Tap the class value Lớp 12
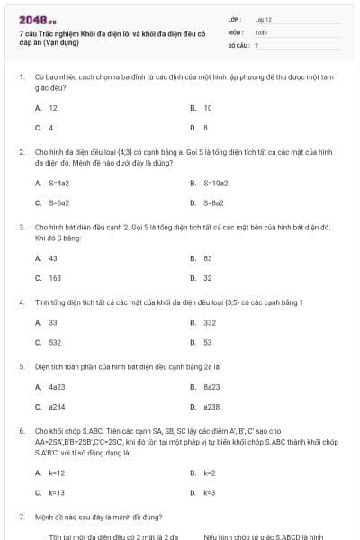pyautogui.click(x=263, y=18)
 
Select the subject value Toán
pyautogui.click(x=261, y=31)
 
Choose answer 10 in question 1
pyautogui.click(x=207, y=107)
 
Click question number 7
pyautogui.click(x=21, y=517)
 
